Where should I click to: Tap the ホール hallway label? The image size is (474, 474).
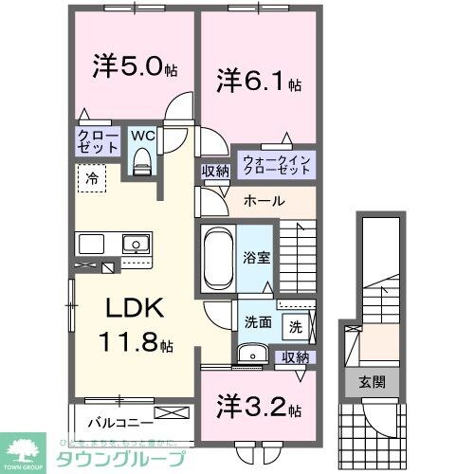coord(261,201)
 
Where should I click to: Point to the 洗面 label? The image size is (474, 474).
coord(258,321)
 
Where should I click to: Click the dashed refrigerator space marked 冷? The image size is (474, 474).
coord(93,177)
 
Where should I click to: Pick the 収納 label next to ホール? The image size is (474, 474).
coord(214,171)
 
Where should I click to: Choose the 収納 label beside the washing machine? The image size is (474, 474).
coord(295,356)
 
